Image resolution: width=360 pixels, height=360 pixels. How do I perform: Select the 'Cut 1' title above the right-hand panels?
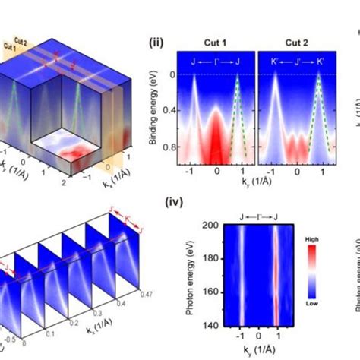pyautogui.click(x=216, y=43)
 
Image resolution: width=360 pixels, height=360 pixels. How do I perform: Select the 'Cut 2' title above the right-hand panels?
pyautogui.click(x=292, y=43)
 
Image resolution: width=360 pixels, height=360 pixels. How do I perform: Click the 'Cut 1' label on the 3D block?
pyautogui.click(x=11, y=47)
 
